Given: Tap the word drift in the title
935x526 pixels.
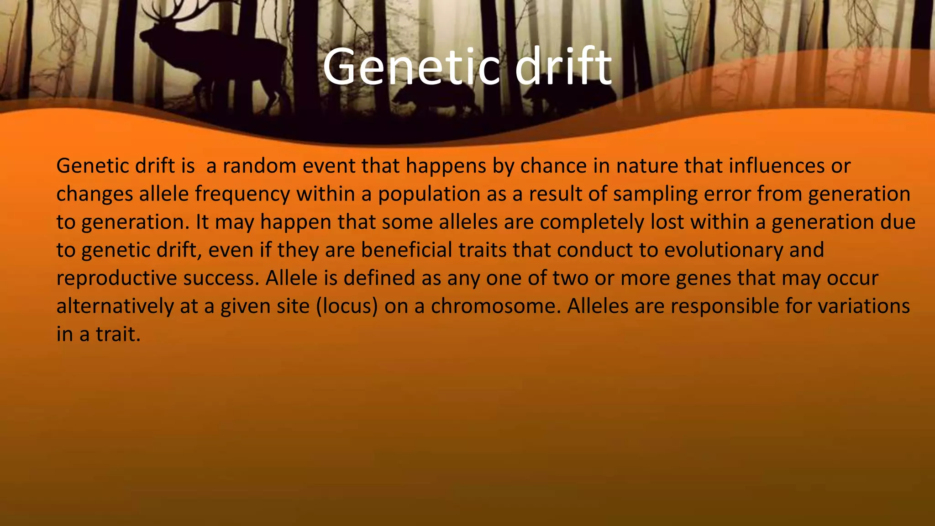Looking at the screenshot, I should [563, 67].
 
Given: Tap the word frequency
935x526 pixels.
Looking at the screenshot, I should [242, 194].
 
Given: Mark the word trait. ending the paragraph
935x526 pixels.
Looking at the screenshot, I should [118, 334].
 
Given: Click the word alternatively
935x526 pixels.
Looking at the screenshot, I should [115, 306].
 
